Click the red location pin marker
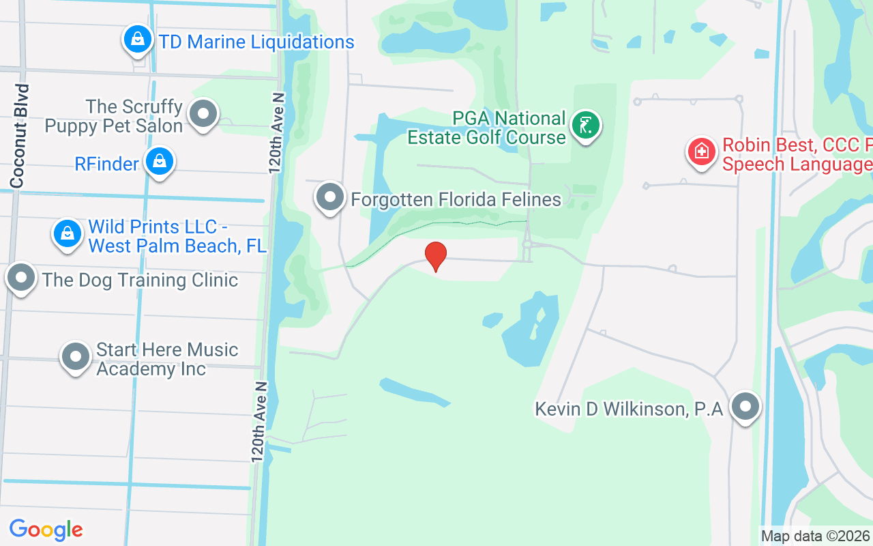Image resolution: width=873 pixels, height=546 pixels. click(x=436, y=256)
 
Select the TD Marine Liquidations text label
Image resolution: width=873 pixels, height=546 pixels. click(x=256, y=42)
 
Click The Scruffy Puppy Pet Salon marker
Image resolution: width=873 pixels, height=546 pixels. click(x=203, y=114)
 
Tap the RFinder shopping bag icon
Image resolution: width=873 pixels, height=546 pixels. click(x=159, y=162)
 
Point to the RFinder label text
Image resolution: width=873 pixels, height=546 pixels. click(x=106, y=164)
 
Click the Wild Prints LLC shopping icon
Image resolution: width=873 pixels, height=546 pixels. click(x=68, y=233)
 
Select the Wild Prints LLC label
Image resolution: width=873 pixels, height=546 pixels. click(x=177, y=236)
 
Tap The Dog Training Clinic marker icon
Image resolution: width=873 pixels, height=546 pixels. click(x=21, y=278)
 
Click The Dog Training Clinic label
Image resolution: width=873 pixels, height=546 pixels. click(x=140, y=280)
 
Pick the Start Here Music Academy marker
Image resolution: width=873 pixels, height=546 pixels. click(x=75, y=356)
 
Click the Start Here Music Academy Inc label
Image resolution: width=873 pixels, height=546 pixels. click(x=167, y=359)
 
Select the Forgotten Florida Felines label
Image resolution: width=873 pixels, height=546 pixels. click(x=456, y=199)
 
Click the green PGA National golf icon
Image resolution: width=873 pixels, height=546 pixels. click(x=585, y=125)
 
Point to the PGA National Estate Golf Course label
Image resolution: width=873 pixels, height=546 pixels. click(x=486, y=128)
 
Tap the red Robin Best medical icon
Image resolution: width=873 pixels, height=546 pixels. click(x=701, y=152)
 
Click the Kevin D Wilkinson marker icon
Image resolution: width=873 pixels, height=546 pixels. click(x=745, y=407)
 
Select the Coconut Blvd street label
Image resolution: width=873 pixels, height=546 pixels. click(x=18, y=136)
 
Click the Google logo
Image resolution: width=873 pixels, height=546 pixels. click(x=46, y=529)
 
